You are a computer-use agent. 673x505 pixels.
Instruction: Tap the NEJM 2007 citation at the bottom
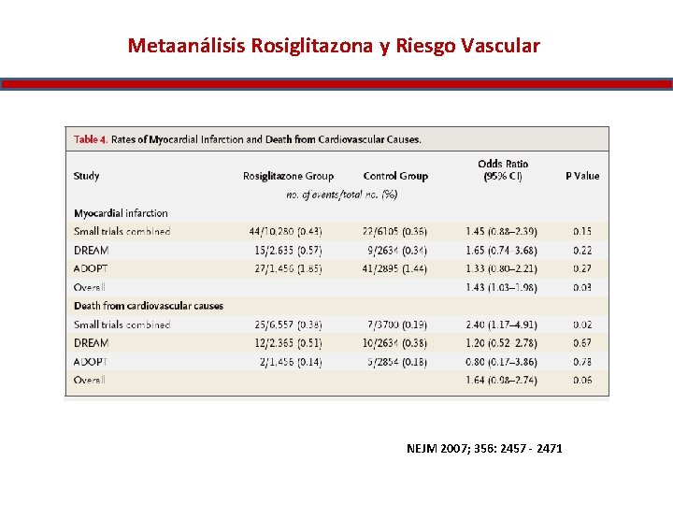pos(484,449)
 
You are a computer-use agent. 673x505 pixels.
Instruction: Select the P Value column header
pos(582,176)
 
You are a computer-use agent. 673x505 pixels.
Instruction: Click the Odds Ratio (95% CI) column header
pos(503,170)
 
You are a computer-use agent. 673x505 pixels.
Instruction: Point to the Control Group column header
pos(395,176)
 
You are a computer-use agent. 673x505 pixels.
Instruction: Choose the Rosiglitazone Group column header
pos(288,176)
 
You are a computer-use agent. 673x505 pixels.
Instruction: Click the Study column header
pos(86,176)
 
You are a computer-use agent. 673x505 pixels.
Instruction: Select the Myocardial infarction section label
pos(121,213)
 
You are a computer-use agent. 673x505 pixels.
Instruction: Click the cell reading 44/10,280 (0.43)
pos(285,231)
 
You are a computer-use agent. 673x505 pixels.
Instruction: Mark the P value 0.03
pos(582,287)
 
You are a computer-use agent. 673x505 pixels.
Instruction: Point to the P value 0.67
pos(582,343)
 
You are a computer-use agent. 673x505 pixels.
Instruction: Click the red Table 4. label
pos(90,139)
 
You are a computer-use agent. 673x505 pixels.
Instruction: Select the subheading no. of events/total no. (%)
pos(342,195)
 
